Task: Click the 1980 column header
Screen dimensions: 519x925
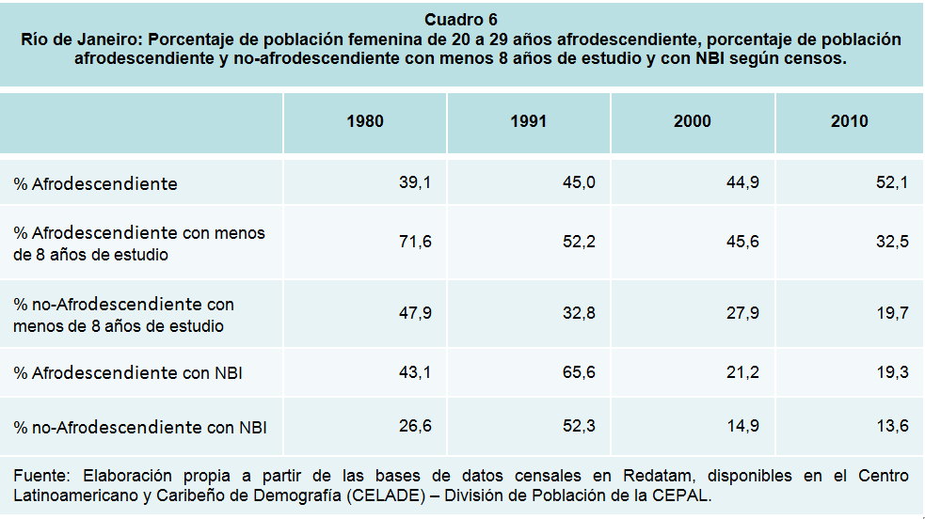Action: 365,121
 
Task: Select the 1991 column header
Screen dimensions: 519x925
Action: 529,121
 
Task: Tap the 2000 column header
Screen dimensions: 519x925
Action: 693,121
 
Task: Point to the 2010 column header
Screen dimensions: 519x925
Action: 850,121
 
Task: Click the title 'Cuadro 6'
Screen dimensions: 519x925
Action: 461,20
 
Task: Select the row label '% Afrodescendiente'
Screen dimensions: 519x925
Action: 95,184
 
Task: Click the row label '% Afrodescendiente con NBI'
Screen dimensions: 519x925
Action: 128,373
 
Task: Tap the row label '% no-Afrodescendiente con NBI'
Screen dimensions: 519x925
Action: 140,427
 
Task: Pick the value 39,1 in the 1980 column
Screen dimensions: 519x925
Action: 415,183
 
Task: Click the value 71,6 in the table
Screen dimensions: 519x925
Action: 415,242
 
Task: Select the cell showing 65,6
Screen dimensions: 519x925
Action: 579,372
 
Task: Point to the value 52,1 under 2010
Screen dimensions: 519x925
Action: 891,183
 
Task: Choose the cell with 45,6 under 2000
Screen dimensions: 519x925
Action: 742,242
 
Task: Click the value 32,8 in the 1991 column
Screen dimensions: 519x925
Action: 579,313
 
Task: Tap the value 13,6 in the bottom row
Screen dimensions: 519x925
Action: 891,426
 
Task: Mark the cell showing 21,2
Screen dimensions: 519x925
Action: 742,372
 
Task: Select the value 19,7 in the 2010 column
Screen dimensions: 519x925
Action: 891,313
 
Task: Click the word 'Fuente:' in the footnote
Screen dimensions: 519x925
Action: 40,476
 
